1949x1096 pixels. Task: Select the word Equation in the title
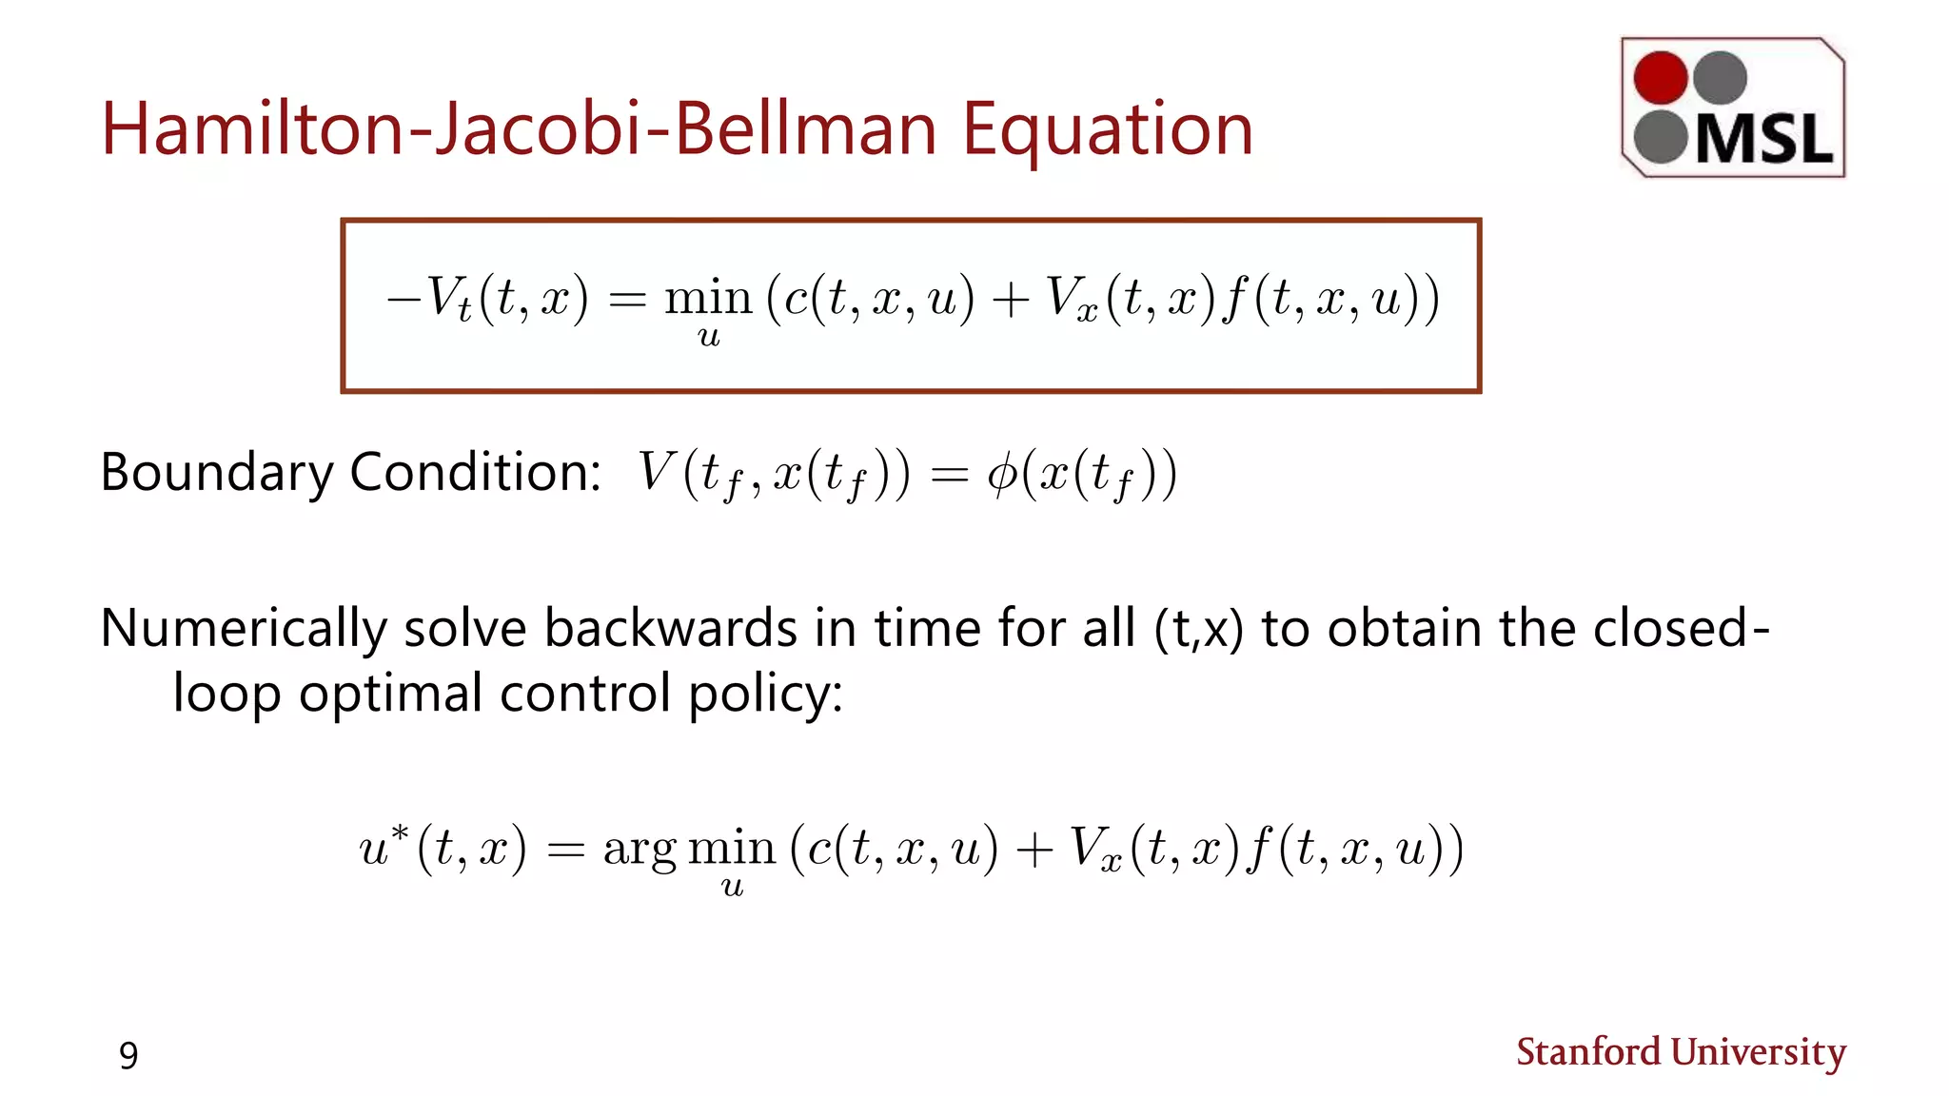point(1107,131)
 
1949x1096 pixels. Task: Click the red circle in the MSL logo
point(1661,77)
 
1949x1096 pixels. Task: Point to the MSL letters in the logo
point(1764,141)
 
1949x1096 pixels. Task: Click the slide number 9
point(128,1055)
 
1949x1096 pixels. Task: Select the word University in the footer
point(1759,1052)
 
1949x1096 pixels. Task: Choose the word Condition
point(475,472)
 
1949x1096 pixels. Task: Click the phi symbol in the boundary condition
point(1002,472)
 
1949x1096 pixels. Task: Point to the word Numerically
point(244,629)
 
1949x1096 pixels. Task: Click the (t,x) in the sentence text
point(1198,630)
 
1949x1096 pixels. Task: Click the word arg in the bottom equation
point(640,848)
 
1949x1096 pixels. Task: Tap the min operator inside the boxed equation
point(708,299)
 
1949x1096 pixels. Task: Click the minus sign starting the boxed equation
point(403,299)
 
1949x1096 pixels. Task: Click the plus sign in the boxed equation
point(1010,299)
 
